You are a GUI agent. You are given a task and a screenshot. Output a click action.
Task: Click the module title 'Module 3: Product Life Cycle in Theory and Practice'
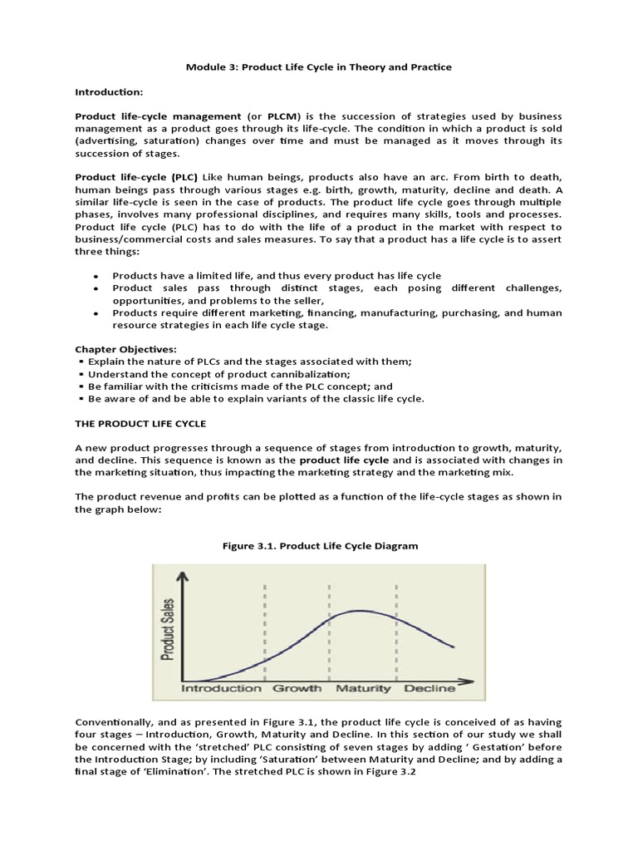(x=319, y=67)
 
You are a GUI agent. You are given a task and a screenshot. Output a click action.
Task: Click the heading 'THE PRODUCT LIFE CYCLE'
(x=140, y=423)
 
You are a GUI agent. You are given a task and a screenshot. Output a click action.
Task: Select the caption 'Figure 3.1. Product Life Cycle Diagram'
(x=319, y=546)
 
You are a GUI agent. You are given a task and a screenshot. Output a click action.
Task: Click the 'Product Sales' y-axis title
(x=169, y=630)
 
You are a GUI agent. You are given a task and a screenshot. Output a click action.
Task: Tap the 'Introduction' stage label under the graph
(x=222, y=688)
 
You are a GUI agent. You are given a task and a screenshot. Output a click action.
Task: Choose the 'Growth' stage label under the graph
(x=297, y=688)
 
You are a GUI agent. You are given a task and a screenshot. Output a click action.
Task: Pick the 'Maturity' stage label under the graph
(x=364, y=688)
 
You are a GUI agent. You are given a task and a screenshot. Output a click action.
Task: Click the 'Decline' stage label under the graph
(x=429, y=688)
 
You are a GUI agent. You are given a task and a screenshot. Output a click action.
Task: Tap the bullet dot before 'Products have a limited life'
(x=96, y=276)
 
